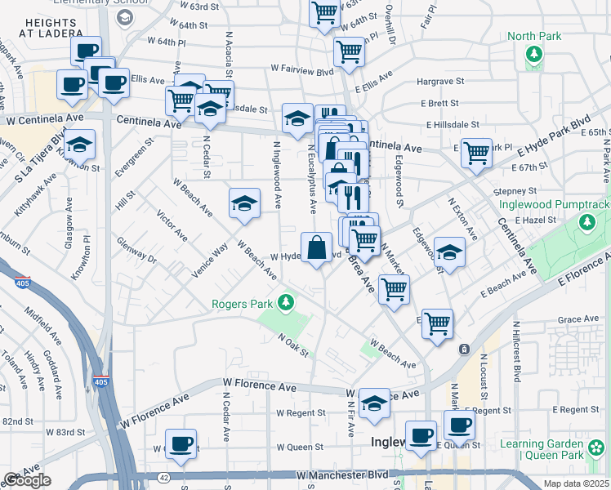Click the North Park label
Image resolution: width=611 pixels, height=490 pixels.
pos(533,36)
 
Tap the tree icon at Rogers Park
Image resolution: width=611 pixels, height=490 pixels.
pos(285,303)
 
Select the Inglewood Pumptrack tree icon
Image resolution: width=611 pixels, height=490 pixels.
pos(586,222)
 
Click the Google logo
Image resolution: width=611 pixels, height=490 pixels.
pos(27,480)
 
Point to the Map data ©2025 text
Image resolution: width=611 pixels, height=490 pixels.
pos(577,483)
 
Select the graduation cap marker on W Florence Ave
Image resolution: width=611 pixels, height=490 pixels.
pos(374,403)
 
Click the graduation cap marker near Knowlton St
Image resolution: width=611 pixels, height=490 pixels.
pos(79,145)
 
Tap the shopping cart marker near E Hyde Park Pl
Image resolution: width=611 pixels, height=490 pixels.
pos(476,152)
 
